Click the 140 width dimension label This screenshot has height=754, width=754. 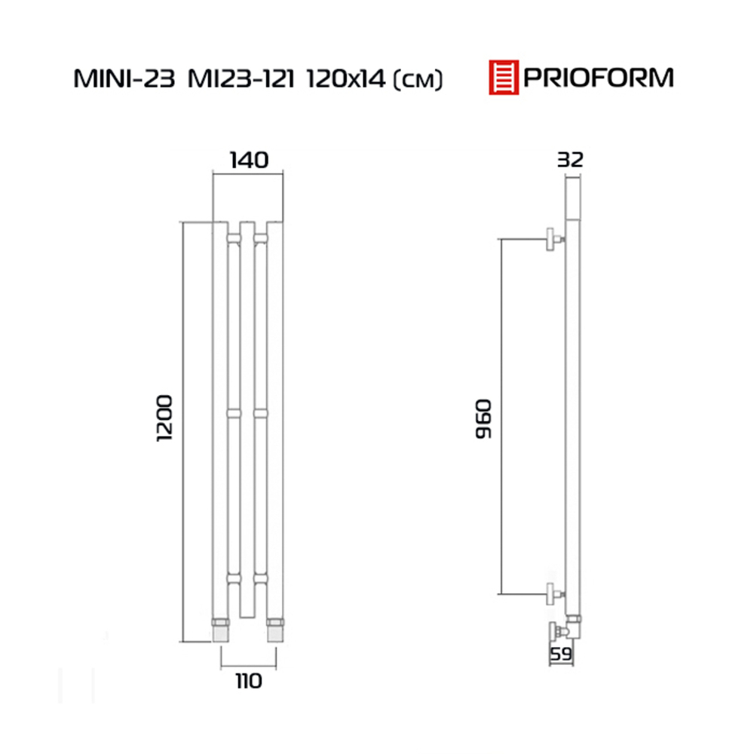coord(249,160)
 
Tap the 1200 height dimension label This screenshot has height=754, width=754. coord(164,418)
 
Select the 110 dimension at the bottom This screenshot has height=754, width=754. coord(249,681)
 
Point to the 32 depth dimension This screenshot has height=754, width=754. coord(570,160)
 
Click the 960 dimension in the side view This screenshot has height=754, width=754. coord(484,418)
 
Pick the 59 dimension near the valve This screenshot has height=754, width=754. coord(561,654)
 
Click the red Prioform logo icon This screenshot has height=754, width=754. coord(504,77)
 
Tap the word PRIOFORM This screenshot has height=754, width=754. coord(598,78)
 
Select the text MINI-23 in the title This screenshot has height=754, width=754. coord(124,79)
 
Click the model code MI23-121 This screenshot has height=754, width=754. coord(241,79)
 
